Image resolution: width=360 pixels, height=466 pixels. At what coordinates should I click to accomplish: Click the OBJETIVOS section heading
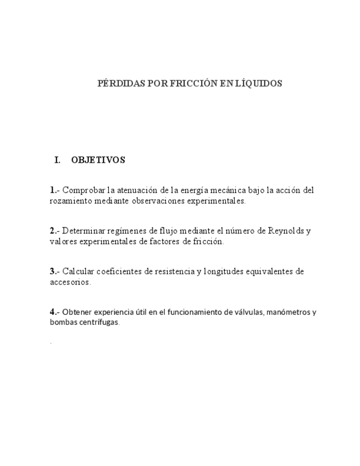coord(98,160)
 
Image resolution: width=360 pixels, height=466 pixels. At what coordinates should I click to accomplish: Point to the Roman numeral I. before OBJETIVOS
coord(57,160)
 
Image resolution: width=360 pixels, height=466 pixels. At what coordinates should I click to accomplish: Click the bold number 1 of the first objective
coord(52,190)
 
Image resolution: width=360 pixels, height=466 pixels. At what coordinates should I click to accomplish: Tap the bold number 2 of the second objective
coord(52,231)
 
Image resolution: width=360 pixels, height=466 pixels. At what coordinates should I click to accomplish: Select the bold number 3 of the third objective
coord(52,271)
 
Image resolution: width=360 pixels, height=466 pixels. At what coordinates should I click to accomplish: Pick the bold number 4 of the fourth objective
coord(52,312)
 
